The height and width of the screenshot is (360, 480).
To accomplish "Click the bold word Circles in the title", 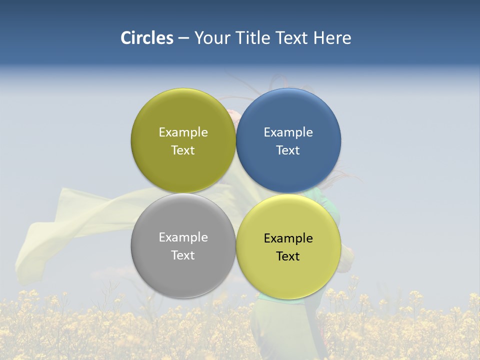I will click(146, 38).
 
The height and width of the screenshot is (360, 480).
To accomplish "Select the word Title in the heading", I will click(252, 38).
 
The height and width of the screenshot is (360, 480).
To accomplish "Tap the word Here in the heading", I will click(332, 38).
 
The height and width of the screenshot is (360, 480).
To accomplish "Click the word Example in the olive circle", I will click(183, 132).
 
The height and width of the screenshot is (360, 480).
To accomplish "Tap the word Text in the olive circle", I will click(183, 150).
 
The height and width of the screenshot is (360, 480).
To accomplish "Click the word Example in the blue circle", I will click(288, 132).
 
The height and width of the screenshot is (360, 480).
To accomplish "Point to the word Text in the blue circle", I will click(288, 150).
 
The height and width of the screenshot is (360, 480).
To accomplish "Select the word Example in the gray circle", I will click(183, 237).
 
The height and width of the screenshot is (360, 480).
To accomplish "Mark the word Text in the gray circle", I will click(183, 255).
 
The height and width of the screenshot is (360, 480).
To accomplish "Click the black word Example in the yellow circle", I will click(288, 238).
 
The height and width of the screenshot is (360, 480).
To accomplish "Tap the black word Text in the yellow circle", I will click(288, 256).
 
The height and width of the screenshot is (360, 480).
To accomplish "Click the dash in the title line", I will click(183, 38).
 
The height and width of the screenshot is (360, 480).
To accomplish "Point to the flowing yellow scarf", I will click(75, 220).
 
